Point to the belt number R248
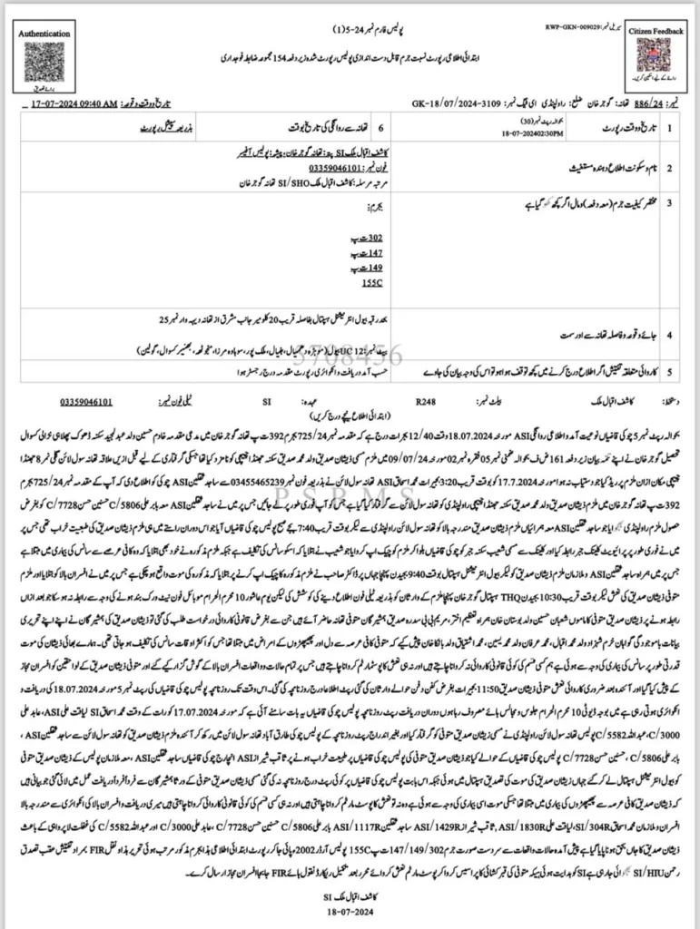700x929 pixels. (x=425, y=397)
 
